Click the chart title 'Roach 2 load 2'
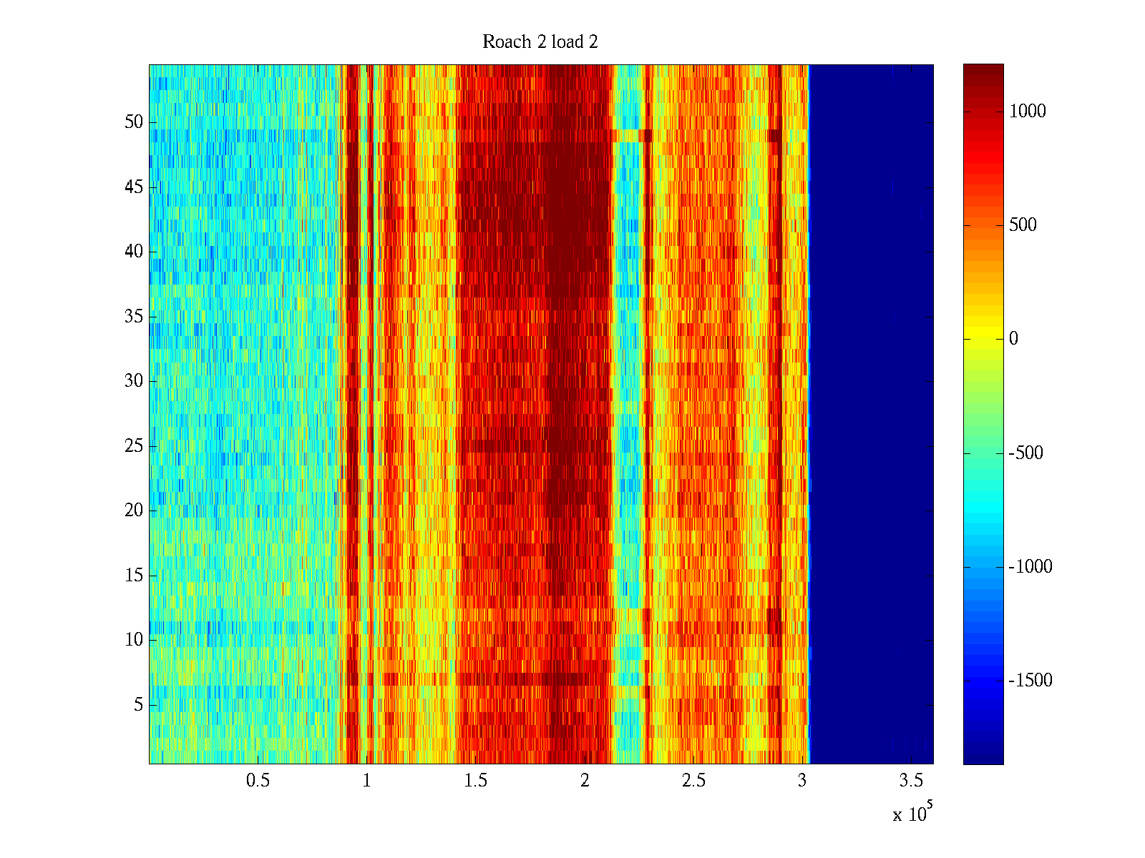coord(540,42)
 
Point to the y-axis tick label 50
coord(134,122)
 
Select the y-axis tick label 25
coord(134,446)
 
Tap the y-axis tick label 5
coord(138,705)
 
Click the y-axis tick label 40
coord(134,252)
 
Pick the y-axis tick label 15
coord(134,576)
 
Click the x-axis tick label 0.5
coord(258,781)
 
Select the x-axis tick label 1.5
coord(475,781)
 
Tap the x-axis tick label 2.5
coord(693,781)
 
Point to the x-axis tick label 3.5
coord(911,781)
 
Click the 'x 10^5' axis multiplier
coord(912,814)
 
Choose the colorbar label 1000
coord(1028,112)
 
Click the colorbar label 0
coord(1013,339)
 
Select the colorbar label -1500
coord(1030,681)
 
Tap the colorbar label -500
coord(1026,453)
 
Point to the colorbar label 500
coord(1023,225)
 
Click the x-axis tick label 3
coord(802,781)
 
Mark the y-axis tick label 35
coord(134,317)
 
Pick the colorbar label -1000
coord(1030,567)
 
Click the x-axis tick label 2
coord(585,781)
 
